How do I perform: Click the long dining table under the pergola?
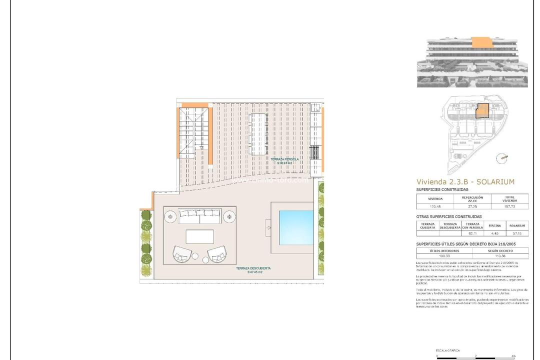click(258, 134)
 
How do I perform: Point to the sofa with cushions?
click(199, 216)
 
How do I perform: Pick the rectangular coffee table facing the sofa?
click(199, 236)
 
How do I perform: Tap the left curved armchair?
click(182, 254)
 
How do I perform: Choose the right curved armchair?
click(216, 254)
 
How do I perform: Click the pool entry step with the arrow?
click(269, 228)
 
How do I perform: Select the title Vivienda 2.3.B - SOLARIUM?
click(465, 182)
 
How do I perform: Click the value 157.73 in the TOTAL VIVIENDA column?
click(509, 206)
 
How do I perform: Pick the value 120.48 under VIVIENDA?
click(435, 206)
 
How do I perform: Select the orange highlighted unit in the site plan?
click(481, 110)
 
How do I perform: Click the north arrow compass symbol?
click(501, 158)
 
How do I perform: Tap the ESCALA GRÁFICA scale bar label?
click(448, 350)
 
